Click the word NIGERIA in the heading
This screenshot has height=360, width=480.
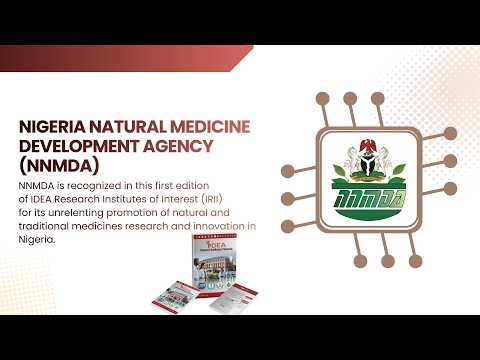point(53,126)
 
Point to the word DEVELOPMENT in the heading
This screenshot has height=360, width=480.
point(77,146)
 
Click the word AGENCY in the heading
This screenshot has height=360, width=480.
point(183,146)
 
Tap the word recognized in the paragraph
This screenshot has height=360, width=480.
point(104,186)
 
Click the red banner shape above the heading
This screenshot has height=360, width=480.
point(130,58)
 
